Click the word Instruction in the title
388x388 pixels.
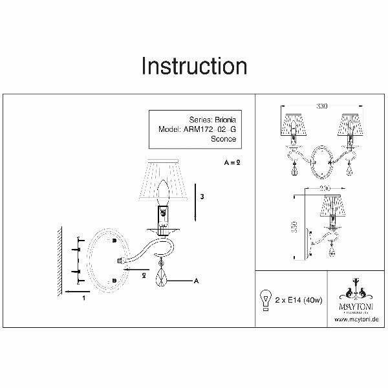coord(194,67)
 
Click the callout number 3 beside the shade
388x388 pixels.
coord(203,196)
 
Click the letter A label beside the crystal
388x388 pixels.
coord(195,280)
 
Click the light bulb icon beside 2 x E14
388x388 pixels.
coord(264,301)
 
